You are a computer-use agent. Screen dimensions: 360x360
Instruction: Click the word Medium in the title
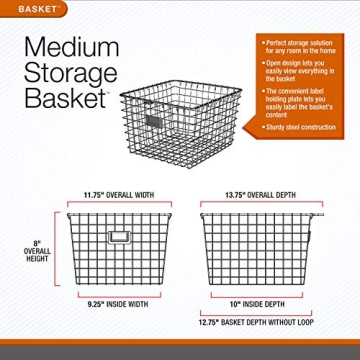tap(73, 47)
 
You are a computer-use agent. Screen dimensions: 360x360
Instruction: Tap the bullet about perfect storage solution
tap(299, 47)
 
